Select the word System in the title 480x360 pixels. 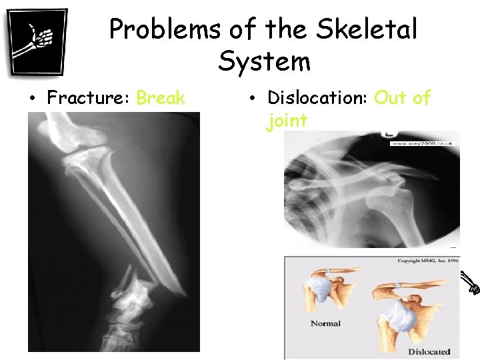[x=264, y=61]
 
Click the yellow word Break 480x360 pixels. [x=160, y=98]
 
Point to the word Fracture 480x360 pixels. [x=89, y=98]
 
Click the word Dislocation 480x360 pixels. [x=317, y=98]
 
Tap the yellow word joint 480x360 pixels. [x=287, y=121]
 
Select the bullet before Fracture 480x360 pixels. [x=32, y=99]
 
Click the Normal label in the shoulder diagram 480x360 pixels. [x=325, y=323]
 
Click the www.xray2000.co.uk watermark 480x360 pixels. [x=422, y=143]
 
